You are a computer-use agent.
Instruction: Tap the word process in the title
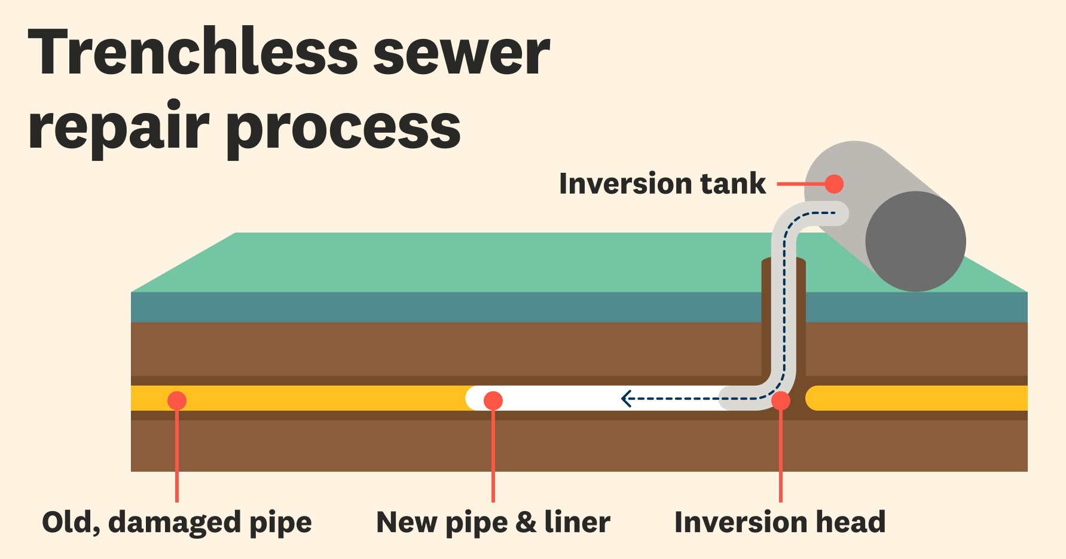pyautogui.click(x=343, y=129)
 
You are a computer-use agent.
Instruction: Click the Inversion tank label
pyautogui.click(x=662, y=184)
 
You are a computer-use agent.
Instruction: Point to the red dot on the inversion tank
pyautogui.click(x=834, y=184)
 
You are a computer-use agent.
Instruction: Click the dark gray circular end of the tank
pyautogui.click(x=915, y=242)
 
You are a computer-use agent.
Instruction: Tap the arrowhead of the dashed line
pyautogui.click(x=626, y=398)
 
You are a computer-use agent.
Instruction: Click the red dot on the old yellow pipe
pyautogui.click(x=177, y=400)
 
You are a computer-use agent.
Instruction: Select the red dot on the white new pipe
pyautogui.click(x=493, y=400)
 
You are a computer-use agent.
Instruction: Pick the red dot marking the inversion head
pyautogui.click(x=781, y=401)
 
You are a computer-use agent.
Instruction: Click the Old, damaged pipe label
pyautogui.click(x=177, y=523)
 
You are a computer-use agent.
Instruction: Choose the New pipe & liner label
pyautogui.click(x=493, y=523)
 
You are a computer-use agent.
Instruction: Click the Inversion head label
pyautogui.click(x=780, y=522)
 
